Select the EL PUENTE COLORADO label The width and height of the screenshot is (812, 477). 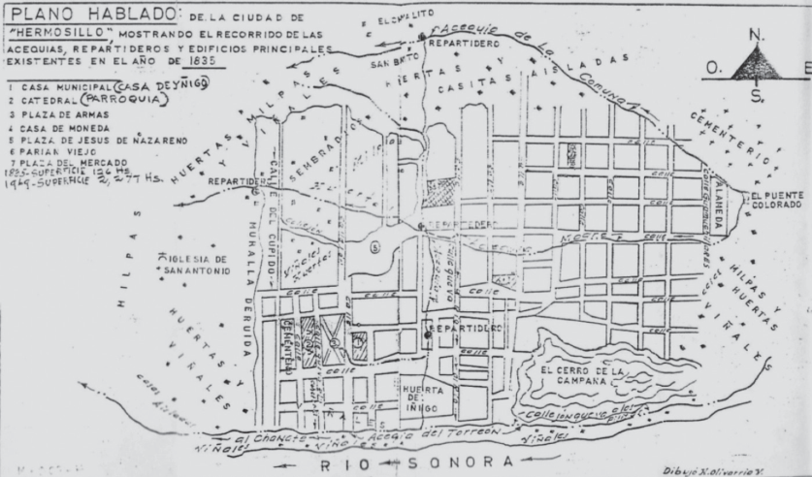pyautogui.click(x=777, y=200)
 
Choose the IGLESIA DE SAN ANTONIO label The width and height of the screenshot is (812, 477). pyautogui.click(x=197, y=265)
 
